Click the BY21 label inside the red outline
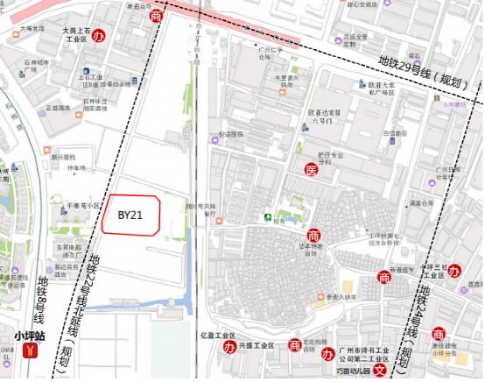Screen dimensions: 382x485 (x=130, y=214)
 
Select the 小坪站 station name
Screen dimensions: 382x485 (x=32, y=335)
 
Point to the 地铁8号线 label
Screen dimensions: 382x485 (x=43, y=298)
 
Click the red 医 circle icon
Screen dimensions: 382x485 (x=311, y=169)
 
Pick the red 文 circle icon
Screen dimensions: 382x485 (x=379, y=371)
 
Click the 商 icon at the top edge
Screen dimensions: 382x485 (x=157, y=16)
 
